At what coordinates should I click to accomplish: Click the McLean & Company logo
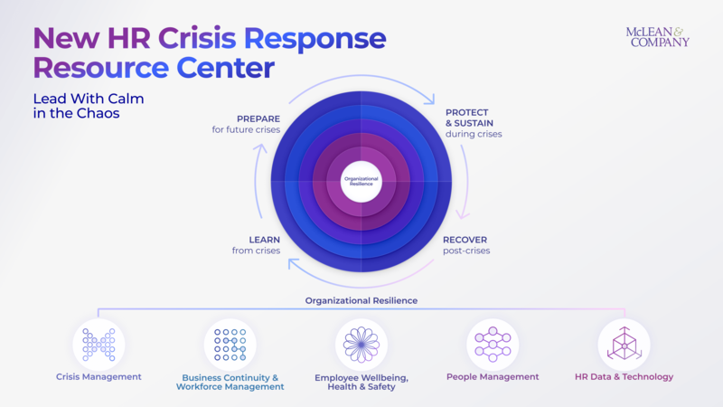pos(657,36)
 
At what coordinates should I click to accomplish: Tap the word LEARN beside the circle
pos(264,240)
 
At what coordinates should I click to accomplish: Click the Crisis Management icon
pos(99,344)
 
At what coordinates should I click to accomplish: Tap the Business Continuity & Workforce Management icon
pos(230,344)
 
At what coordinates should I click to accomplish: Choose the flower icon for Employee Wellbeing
pos(361,344)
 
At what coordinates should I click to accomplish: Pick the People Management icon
pos(493,344)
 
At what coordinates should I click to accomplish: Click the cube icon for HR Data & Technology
pos(624,344)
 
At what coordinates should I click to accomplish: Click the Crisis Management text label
pos(99,377)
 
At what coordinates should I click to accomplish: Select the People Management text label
pos(493,377)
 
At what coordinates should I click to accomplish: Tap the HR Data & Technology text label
pos(624,377)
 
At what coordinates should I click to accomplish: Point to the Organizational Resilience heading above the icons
pos(361,300)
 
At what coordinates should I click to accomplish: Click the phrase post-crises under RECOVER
pos(466,251)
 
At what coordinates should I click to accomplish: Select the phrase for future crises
pos(239,130)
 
